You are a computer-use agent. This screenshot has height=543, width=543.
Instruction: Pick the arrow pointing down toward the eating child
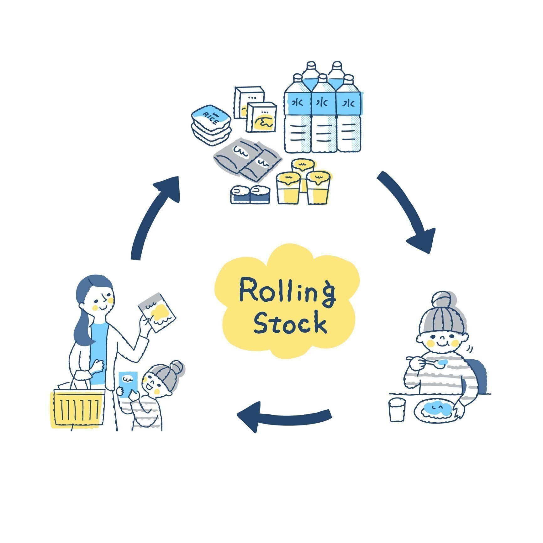(x=408, y=213)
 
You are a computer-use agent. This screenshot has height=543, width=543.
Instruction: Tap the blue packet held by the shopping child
(x=129, y=384)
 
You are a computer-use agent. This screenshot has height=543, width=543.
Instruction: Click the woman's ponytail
(x=83, y=326)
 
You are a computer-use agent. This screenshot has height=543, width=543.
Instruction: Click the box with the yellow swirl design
(x=262, y=118)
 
